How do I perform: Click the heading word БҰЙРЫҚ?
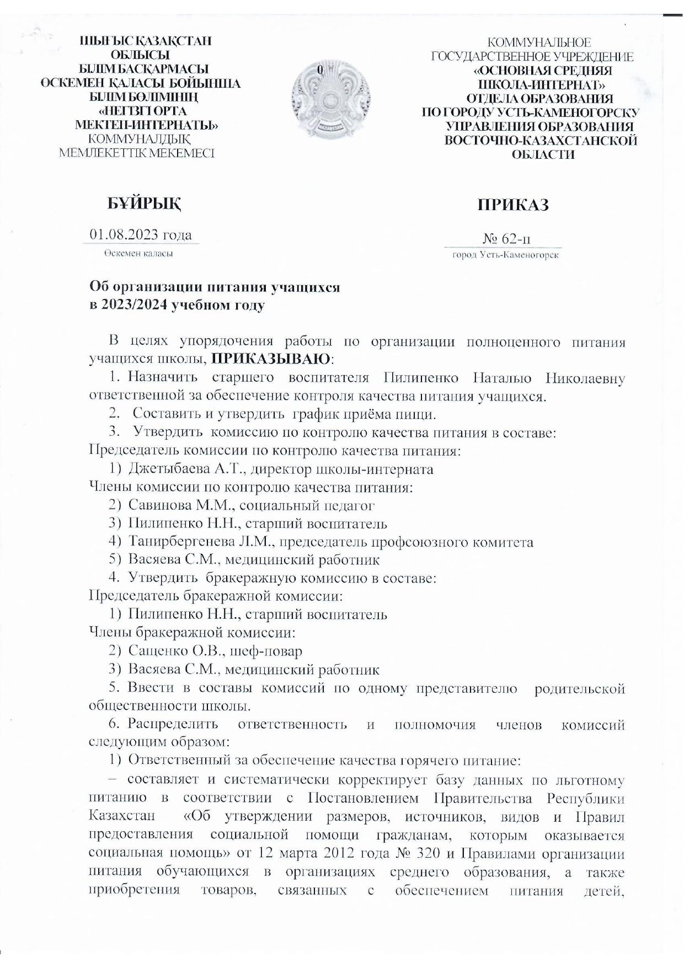point(145,204)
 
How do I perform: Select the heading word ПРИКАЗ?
point(513,205)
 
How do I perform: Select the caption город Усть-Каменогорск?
point(505,255)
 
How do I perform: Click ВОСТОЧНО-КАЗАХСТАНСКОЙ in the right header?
point(541,141)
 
